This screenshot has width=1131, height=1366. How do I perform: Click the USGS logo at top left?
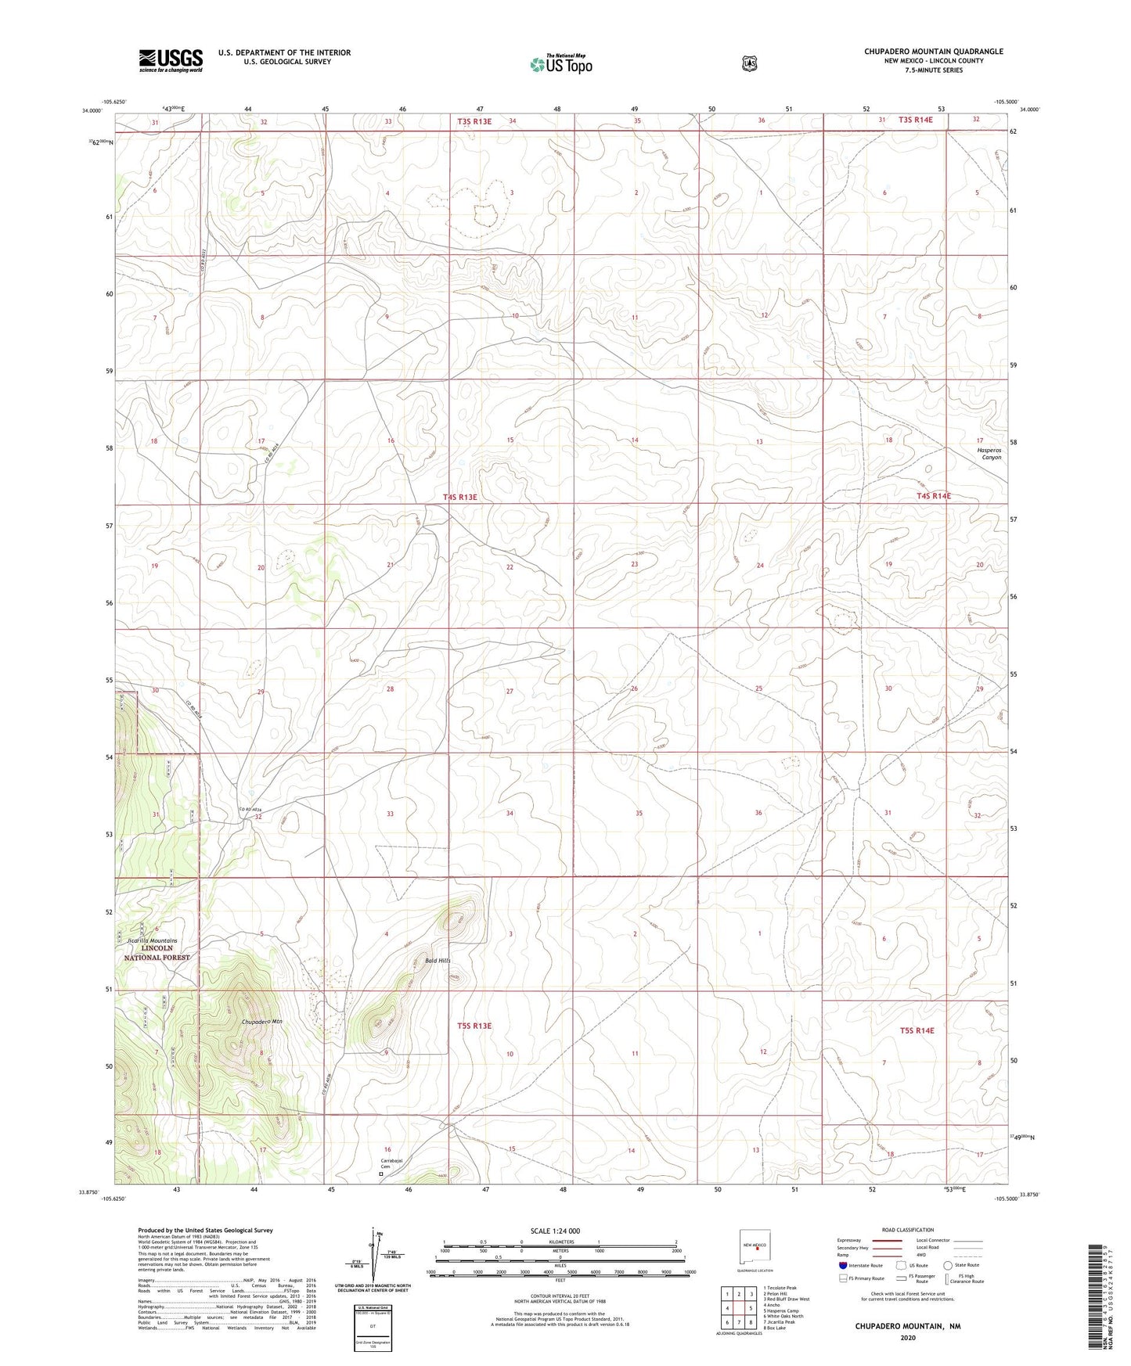(171, 60)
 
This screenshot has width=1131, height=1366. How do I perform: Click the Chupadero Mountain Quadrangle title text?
(933, 52)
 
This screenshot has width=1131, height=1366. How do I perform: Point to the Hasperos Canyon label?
(990, 454)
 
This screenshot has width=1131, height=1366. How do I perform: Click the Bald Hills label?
(438, 960)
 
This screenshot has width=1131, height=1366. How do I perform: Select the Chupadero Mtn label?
(261, 1022)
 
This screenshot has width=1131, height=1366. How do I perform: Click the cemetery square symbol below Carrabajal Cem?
(381, 1174)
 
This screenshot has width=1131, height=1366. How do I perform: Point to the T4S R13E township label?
(459, 497)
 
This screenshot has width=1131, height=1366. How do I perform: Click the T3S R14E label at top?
(916, 120)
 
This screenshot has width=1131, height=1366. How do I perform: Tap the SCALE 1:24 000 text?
(555, 1231)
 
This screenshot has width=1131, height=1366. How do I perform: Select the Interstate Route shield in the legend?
(843, 1265)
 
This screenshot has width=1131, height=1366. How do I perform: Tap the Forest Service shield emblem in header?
(749, 63)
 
